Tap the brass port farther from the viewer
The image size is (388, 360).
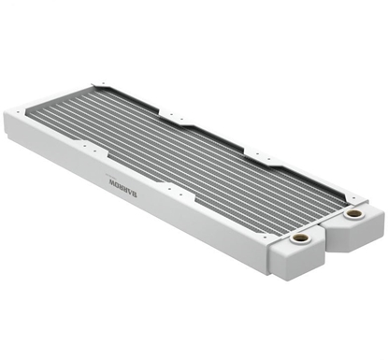[352, 213]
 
